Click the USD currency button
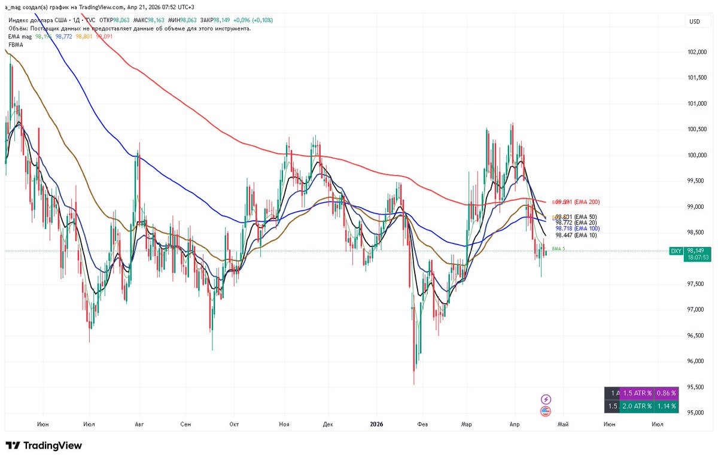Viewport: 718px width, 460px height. [695, 22]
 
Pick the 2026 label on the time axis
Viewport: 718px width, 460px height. [376, 424]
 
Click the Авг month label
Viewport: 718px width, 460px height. [140, 424]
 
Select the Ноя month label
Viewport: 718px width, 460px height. [284, 424]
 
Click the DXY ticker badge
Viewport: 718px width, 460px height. [676, 252]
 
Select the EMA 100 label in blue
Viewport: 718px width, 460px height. [577, 229]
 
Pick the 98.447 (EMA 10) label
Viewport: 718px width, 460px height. [577, 235]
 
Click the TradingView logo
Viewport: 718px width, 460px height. [44, 446]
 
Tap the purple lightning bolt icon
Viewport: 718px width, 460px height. [546, 399]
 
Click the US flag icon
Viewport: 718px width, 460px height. [546, 411]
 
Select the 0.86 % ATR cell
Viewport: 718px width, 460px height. [665, 393]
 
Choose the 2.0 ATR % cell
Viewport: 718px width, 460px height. [636, 406]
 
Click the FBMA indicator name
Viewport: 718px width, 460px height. [16, 44]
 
